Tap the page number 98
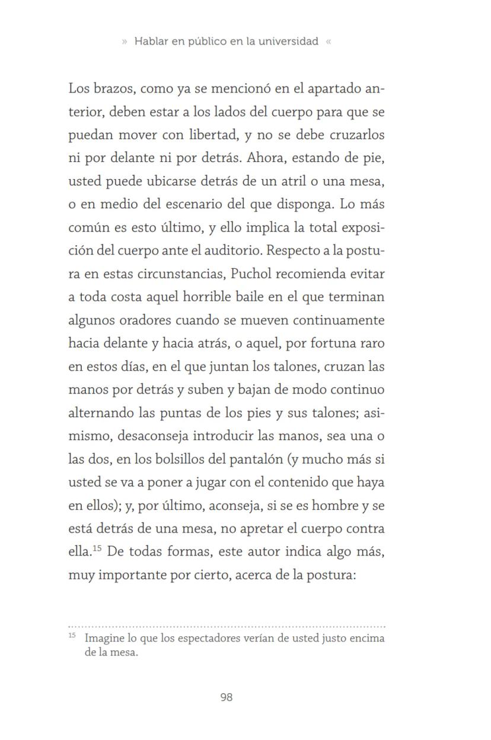pyautogui.click(x=226, y=697)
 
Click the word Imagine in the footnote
pyautogui.click(x=104, y=639)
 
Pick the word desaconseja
pyautogui.click(x=153, y=436)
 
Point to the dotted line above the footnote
pyautogui.click(x=226, y=626)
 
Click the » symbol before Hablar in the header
pyautogui.click(x=125, y=42)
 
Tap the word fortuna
pyautogui.click(x=322, y=343)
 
